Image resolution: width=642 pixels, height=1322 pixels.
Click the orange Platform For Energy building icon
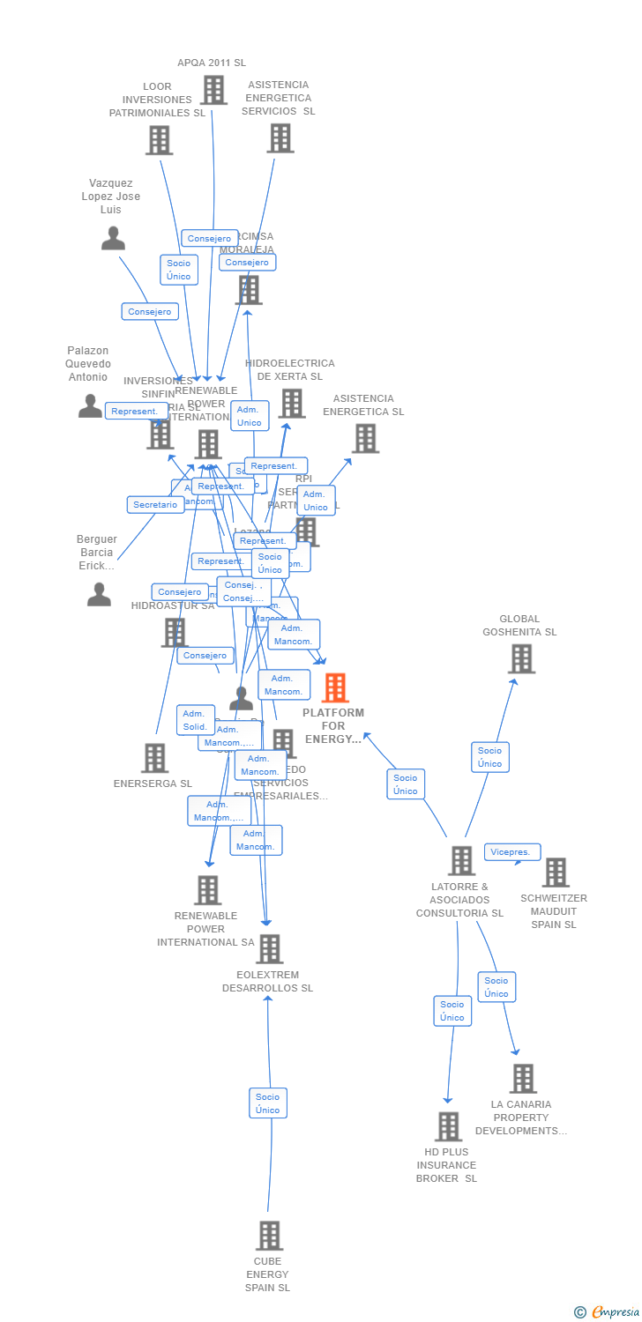tap(335, 687)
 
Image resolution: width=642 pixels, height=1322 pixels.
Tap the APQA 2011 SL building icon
tap(213, 90)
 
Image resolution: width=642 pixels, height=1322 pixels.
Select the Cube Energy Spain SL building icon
tap(269, 1236)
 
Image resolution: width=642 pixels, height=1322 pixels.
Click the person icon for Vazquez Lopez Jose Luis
tap(113, 238)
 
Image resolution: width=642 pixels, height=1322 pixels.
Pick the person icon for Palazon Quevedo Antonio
tap(90, 405)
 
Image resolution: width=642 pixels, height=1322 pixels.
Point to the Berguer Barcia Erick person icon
tap(99, 595)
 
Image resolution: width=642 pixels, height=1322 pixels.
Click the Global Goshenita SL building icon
tap(521, 658)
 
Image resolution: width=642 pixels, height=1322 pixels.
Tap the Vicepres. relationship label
tap(511, 852)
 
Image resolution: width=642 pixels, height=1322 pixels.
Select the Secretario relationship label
tap(156, 505)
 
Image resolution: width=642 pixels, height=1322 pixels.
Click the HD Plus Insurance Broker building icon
tap(448, 1126)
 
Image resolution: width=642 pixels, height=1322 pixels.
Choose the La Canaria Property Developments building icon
tap(523, 1078)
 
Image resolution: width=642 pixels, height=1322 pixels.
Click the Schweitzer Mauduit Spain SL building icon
tap(556, 873)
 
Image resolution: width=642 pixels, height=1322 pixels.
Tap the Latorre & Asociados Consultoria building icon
tap(461, 861)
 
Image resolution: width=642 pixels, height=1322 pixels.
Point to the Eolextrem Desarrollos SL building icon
tap(269, 949)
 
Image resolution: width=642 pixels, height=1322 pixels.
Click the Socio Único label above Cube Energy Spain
tap(267, 1103)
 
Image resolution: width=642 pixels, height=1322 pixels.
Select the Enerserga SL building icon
tap(154, 758)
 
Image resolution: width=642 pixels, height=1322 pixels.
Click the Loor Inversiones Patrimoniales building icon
tap(159, 140)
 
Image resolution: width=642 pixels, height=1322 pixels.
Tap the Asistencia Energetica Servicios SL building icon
tap(280, 138)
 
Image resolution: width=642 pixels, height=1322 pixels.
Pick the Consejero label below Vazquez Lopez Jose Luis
tap(150, 312)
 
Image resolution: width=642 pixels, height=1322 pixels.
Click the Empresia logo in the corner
tap(608, 1312)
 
